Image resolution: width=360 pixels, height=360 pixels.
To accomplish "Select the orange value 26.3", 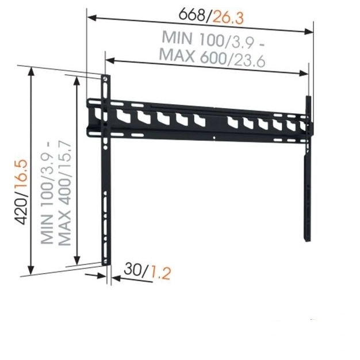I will click(228, 17).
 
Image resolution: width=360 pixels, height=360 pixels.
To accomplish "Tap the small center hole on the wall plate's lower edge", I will click(215, 137).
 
